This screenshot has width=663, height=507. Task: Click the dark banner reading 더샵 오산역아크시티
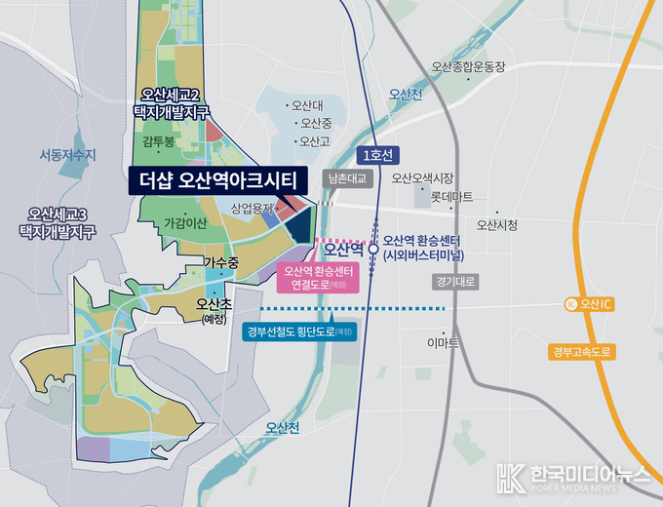217,179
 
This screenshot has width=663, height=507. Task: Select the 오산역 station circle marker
373,249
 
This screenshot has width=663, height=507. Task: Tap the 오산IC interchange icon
570,304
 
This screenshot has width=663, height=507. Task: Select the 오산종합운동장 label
469,67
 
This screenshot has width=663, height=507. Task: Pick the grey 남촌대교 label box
348,178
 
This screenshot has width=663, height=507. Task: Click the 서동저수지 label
68,154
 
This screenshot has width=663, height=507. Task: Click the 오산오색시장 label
423,178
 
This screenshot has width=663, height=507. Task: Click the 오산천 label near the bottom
283,427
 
